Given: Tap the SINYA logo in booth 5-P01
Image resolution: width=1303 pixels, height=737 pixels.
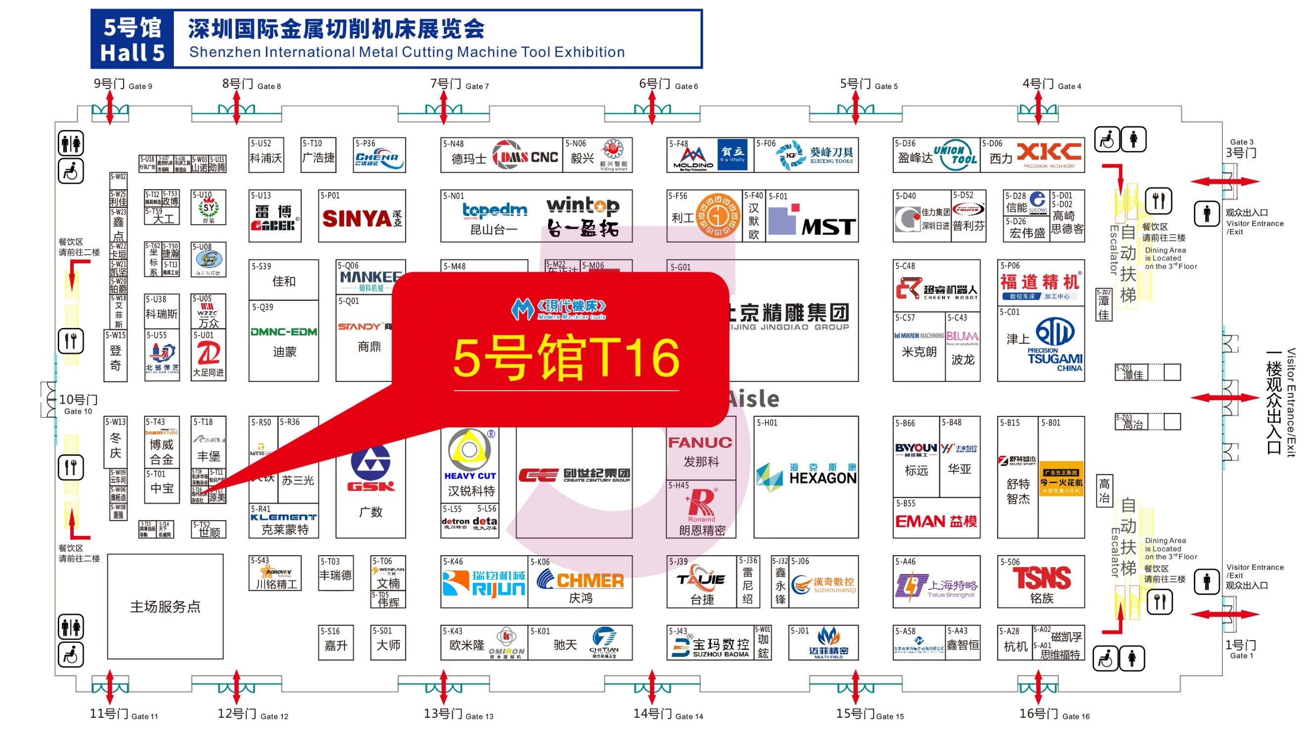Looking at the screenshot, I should [357, 219].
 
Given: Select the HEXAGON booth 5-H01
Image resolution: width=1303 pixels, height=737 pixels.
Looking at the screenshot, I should [805, 477].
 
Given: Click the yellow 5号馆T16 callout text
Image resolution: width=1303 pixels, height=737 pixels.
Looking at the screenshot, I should [565, 359].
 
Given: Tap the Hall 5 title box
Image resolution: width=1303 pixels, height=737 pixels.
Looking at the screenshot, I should [132, 40].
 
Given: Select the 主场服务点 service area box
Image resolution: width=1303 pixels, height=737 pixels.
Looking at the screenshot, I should [165, 606].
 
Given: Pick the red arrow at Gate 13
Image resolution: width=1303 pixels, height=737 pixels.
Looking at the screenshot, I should [443, 687].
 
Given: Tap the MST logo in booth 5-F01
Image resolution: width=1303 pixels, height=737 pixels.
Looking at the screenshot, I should [828, 226].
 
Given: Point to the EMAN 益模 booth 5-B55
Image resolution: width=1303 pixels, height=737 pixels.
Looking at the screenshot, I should [935, 521].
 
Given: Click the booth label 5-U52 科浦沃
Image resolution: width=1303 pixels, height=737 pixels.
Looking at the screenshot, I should [266, 155].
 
